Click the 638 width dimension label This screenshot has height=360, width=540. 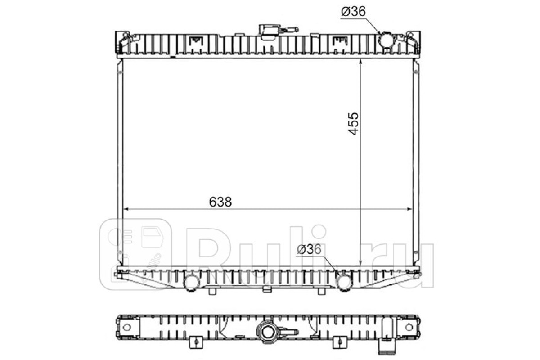coord(220,202)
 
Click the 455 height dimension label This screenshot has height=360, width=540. coord(353,123)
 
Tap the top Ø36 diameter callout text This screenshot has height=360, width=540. coord(353,11)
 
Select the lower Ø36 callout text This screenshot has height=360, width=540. coord(309,249)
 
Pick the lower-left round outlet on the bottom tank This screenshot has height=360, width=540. coord(192,283)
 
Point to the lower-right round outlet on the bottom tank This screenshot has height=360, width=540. coord(345,283)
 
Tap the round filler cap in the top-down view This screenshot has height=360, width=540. coord(268,333)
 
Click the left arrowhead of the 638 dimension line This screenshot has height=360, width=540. coord(126,209)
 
